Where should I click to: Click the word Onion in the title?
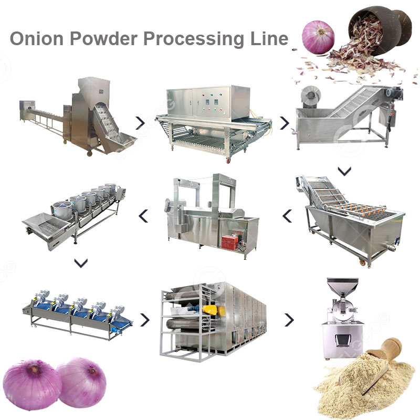tap(37, 38)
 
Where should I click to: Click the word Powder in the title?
tap(104, 38)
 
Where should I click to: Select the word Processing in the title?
tap(194, 39)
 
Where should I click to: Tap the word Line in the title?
tap(269, 38)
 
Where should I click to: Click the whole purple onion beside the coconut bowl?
tap(318, 37)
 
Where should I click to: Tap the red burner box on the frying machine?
tap(229, 243)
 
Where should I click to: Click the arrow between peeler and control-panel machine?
tap(140, 123)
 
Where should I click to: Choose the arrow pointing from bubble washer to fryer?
tap(287, 216)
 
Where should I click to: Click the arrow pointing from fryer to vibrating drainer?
tap(143, 216)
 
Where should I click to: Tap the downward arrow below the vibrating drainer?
tap(81, 263)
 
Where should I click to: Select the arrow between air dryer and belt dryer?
tap(145, 320)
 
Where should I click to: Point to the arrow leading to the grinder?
tap(289, 320)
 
